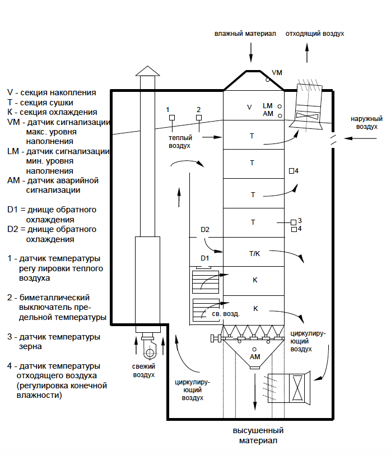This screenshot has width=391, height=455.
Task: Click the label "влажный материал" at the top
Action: pos(245,34)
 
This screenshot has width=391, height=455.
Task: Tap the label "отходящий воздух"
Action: pos(315,34)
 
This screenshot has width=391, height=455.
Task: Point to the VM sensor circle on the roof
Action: pos(267,80)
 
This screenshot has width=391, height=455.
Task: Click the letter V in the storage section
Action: pos(249,108)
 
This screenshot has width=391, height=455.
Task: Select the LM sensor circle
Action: pos(280,106)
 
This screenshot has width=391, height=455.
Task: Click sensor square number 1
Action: pos(172,118)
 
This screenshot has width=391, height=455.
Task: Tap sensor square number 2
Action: pos(199,118)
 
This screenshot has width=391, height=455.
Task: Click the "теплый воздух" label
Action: pos(180,142)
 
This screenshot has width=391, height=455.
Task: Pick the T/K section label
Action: pos(255,254)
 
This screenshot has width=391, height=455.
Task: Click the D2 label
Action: pos(205,230)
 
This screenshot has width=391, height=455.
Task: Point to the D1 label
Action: pos(204,258)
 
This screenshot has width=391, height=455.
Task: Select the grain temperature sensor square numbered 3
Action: pos(294,222)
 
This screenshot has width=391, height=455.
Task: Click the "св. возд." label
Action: pos(226,314)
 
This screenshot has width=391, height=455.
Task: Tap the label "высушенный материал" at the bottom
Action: pos(258,435)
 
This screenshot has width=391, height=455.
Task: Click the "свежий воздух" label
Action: pos(144,370)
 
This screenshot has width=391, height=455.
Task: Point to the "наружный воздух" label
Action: pos(367,123)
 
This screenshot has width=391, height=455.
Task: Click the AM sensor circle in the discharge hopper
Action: pos(254,350)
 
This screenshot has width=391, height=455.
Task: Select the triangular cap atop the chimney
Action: pos(148,71)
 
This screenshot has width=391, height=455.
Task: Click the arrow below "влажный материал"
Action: pos(251,53)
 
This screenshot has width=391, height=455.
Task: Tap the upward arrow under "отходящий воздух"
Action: pos(307,53)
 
